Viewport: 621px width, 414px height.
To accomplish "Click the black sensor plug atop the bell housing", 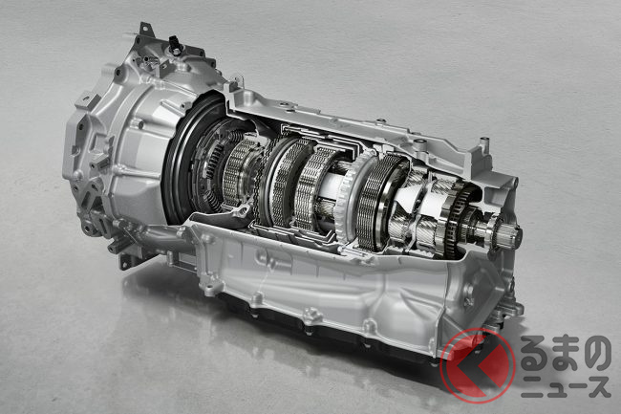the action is [174, 43].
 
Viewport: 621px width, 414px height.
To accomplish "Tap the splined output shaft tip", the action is [512, 234].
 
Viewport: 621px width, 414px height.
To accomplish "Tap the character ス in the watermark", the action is [597, 386].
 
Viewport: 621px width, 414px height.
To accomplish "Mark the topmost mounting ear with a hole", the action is [146, 29].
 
